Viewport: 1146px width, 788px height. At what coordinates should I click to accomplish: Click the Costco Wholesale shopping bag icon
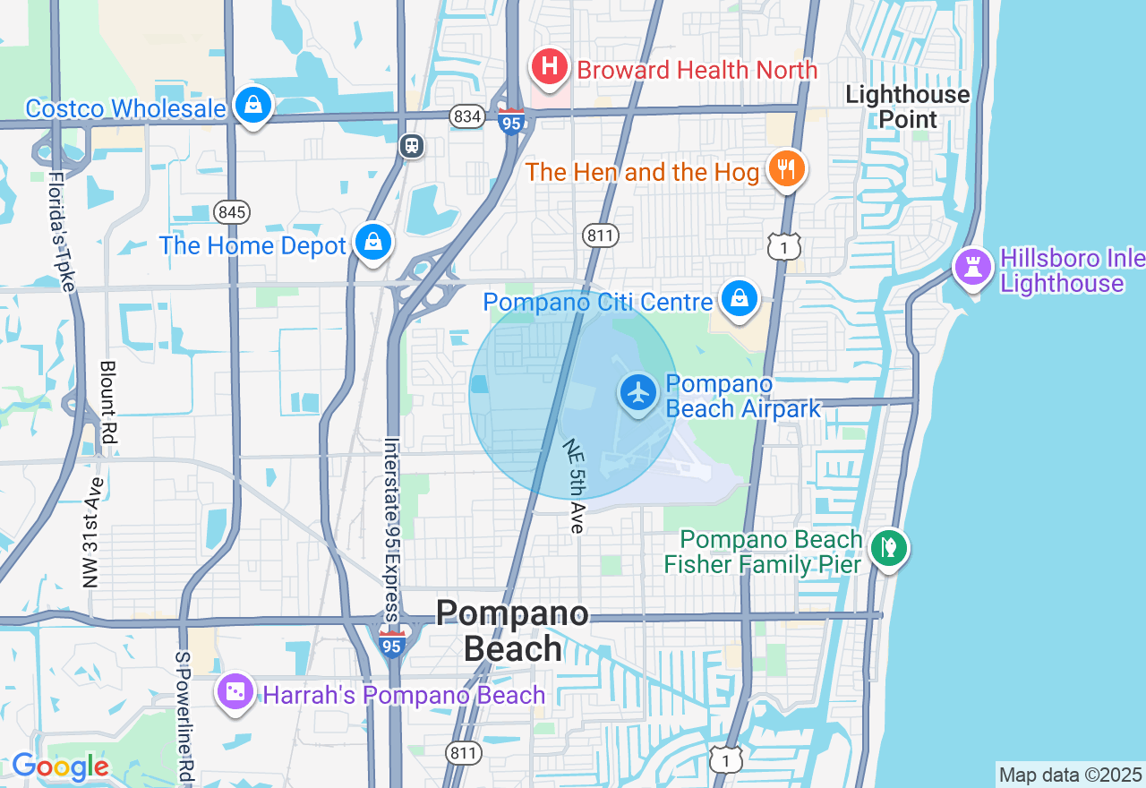click(254, 106)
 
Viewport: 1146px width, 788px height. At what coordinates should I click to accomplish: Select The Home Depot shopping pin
click(372, 242)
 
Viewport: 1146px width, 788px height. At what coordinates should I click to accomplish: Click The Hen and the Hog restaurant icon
click(786, 168)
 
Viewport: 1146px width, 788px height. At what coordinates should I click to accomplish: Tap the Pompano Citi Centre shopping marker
click(740, 299)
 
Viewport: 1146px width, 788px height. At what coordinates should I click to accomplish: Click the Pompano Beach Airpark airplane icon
click(639, 393)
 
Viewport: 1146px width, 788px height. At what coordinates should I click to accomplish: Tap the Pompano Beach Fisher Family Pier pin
click(889, 547)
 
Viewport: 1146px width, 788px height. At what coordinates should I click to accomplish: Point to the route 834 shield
click(466, 116)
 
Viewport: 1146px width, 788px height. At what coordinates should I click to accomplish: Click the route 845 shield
click(232, 212)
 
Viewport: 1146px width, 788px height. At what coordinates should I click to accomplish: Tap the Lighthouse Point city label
click(907, 107)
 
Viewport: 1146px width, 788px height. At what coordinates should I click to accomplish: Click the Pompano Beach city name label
click(513, 631)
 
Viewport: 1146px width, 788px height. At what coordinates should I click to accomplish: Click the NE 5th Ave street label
click(574, 486)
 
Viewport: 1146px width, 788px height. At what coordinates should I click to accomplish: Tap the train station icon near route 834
click(412, 146)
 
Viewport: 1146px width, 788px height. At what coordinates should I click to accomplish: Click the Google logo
click(59, 767)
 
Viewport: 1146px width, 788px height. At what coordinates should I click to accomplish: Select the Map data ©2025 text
click(1070, 775)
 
